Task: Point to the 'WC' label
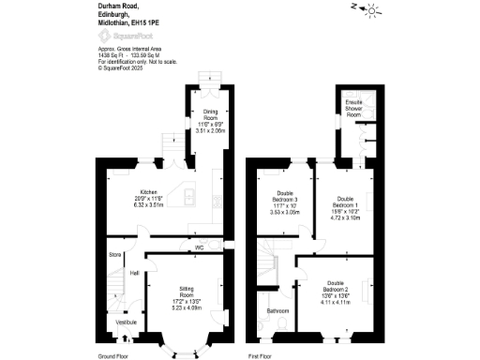click(199, 248)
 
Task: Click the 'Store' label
click(115, 254)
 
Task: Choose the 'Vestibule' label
click(125, 322)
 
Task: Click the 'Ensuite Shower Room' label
click(353, 108)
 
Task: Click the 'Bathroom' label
click(277, 310)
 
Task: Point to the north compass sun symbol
click(370, 10)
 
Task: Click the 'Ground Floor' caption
click(117, 355)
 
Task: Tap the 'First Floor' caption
click(261, 355)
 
